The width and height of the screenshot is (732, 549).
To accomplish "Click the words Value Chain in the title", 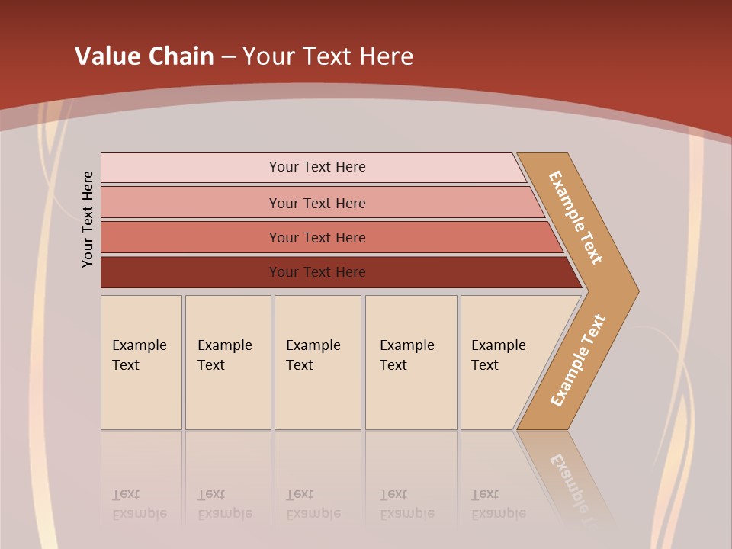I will click(144, 56).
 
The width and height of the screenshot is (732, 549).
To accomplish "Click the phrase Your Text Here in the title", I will click(328, 56).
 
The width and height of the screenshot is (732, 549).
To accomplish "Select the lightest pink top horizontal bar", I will click(191, 168).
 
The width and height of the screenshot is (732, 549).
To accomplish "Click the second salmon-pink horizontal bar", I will click(191, 203).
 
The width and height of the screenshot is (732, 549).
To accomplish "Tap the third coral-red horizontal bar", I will click(191, 237).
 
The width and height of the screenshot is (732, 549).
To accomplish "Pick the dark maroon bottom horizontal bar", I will click(191, 272).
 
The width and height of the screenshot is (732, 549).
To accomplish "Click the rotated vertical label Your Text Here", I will click(88, 219).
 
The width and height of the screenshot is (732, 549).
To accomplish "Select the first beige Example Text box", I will click(141, 362).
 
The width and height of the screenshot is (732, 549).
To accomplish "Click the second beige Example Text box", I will click(227, 362).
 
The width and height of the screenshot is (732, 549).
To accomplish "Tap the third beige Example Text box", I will click(316, 362).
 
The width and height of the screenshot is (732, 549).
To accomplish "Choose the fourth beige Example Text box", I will click(410, 362).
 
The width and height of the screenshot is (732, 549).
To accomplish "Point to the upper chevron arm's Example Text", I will click(576, 217).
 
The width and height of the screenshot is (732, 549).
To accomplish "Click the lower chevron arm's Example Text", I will click(577, 361).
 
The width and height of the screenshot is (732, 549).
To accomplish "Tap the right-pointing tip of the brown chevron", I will click(631, 291).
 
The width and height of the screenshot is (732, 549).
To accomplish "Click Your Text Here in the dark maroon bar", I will click(317, 272).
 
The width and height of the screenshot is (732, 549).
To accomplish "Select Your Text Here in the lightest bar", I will click(317, 167).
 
